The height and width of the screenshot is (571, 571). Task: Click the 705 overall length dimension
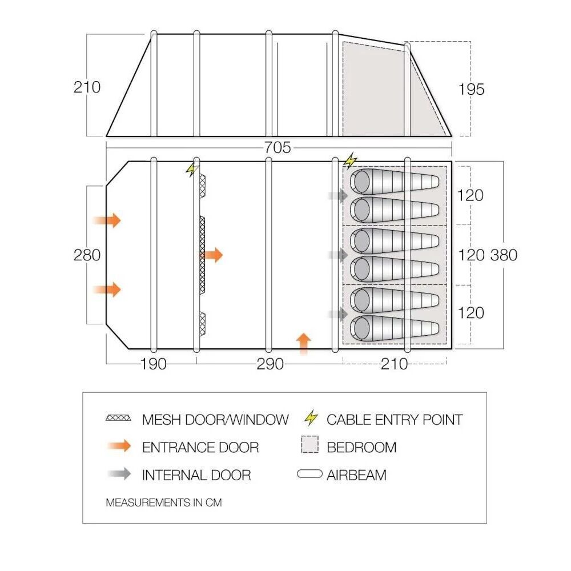(278, 148)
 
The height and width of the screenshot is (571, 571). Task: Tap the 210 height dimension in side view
(87, 87)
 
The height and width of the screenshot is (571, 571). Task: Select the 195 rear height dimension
(471, 90)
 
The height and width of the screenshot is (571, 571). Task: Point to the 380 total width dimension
(504, 255)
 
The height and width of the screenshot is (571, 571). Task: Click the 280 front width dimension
(87, 255)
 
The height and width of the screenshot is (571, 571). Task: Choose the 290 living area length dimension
(270, 364)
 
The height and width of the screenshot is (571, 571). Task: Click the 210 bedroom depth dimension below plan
(395, 364)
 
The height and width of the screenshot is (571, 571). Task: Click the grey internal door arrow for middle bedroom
(339, 255)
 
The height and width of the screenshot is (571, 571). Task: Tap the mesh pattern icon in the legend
(119, 419)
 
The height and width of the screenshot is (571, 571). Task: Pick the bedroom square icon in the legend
(310, 446)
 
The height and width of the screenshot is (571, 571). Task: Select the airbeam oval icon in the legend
(310, 475)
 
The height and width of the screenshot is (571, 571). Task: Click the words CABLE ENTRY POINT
(394, 420)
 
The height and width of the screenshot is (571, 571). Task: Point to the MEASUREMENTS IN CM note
(164, 503)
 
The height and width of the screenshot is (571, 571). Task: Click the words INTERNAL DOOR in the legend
(196, 475)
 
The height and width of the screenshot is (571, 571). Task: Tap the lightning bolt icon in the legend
(311, 419)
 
